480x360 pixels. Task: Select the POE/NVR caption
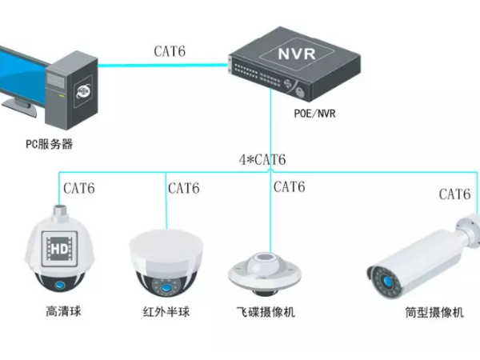pyautogui.click(x=314, y=113)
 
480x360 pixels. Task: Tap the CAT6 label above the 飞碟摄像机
pyautogui.click(x=289, y=187)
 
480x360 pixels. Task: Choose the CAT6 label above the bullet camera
pyautogui.click(x=454, y=194)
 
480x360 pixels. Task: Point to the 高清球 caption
pyautogui.click(x=63, y=310)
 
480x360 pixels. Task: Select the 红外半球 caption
pyautogui.click(x=166, y=311)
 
